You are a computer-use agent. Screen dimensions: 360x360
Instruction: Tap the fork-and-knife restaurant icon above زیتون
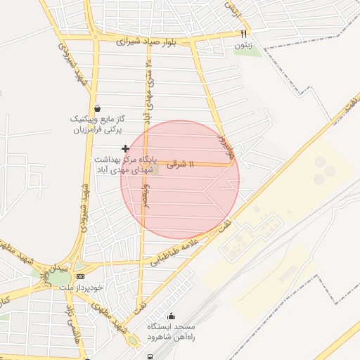[x=244, y=34]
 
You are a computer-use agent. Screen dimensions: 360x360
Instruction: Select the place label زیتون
[x=244, y=46]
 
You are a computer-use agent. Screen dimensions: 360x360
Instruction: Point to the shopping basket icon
[x=96, y=108]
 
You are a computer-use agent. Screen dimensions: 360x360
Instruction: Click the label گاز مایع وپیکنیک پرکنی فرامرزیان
[x=95, y=124]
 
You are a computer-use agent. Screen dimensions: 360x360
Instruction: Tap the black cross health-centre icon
[x=125, y=148]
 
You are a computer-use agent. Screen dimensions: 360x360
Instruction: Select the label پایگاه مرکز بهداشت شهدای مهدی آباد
[x=126, y=165]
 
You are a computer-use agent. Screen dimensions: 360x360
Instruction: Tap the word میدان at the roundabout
[x=57, y=268]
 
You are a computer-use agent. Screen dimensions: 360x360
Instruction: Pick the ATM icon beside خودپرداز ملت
[x=79, y=276]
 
